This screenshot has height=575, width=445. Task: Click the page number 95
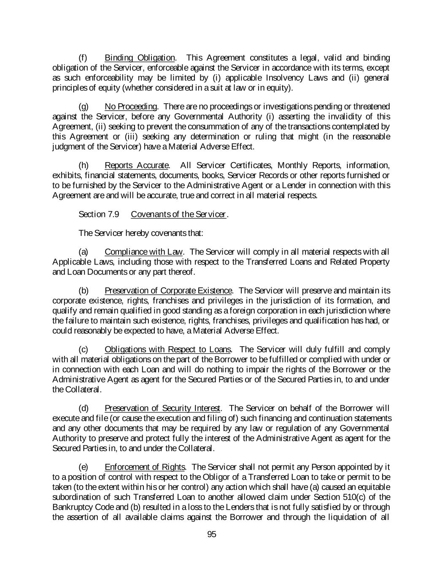click(212, 535)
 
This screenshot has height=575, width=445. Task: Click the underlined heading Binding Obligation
click(140, 58)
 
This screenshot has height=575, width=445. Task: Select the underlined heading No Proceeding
click(131, 107)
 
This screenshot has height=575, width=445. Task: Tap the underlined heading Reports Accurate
click(137, 165)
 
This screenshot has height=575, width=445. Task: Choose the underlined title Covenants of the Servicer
click(179, 214)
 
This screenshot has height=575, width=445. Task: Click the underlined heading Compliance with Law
click(144, 252)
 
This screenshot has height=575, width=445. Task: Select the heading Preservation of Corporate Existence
click(168, 291)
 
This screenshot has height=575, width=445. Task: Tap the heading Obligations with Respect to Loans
click(167, 350)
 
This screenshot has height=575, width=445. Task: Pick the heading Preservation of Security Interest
click(162, 408)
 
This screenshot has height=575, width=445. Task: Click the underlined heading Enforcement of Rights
click(145, 467)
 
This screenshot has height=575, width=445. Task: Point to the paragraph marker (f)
click(83, 58)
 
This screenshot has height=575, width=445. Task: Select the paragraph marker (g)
click(84, 107)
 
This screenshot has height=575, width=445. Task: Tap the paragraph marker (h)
click(84, 165)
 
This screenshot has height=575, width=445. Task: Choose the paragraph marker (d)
click(84, 408)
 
